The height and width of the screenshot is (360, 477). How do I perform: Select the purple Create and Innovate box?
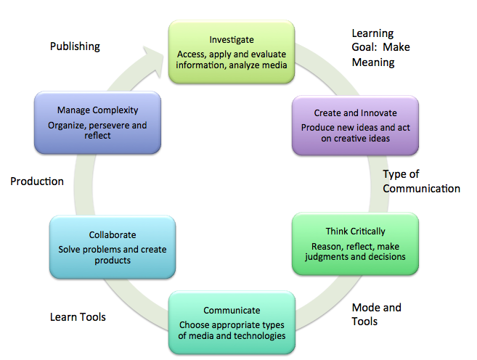(x=355, y=126)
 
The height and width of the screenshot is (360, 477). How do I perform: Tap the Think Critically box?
(x=355, y=243)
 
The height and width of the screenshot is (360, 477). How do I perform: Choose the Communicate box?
(x=232, y=322)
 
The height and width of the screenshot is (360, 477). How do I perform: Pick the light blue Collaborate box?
(x=112, y=247)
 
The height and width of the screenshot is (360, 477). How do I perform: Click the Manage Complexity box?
(x=97, y=123)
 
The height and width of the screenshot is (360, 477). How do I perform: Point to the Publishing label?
(x=75, y=46)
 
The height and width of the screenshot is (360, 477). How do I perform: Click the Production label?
(x=37, y=181)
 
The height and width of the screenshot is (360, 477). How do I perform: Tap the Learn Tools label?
(x=78, y=316)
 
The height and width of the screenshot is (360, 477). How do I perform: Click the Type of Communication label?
(x=421, y=181)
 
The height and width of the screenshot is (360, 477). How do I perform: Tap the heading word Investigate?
(x=232, y=39)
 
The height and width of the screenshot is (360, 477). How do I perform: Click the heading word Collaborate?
(x=112, y=235)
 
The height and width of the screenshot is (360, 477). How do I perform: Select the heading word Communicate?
(x=232, y=311)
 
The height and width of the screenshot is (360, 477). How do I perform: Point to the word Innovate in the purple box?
(x=379, y=113)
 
